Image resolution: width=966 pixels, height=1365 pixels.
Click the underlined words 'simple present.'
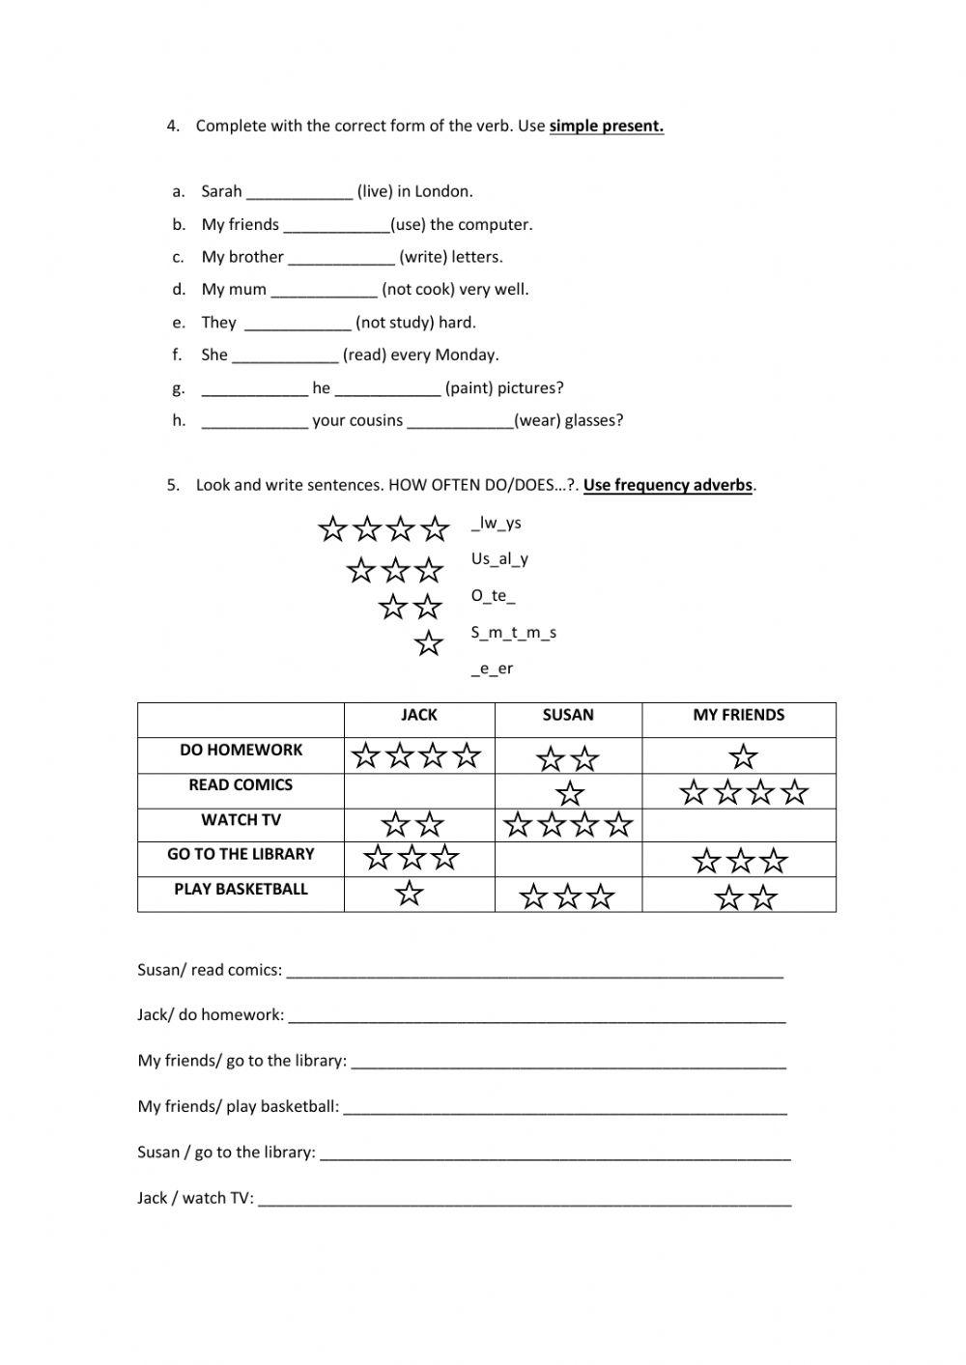(606, 126)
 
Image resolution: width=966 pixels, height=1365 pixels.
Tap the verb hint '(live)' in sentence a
(375, 191)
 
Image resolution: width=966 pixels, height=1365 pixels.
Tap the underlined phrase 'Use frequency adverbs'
(668, 485)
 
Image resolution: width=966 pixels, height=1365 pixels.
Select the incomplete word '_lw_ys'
(497, 523)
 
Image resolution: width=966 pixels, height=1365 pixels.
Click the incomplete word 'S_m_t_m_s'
(513, 633)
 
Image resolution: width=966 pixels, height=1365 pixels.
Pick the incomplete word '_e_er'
(492, 668)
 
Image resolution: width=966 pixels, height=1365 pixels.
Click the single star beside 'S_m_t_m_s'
(428, 643)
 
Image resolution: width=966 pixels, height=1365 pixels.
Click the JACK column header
(418, 715)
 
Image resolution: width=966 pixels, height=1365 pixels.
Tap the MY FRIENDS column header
(738, 715)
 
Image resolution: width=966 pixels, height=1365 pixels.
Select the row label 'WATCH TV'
(241, 820)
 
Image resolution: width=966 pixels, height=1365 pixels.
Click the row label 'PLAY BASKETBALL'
(241, 889)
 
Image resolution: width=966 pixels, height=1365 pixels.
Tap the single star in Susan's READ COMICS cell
(570, 794)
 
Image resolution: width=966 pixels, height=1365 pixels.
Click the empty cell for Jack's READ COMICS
(418, 791)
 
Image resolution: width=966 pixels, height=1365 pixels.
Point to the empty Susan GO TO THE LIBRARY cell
(568, 859)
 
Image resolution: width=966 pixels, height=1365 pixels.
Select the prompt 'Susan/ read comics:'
(210, 970)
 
